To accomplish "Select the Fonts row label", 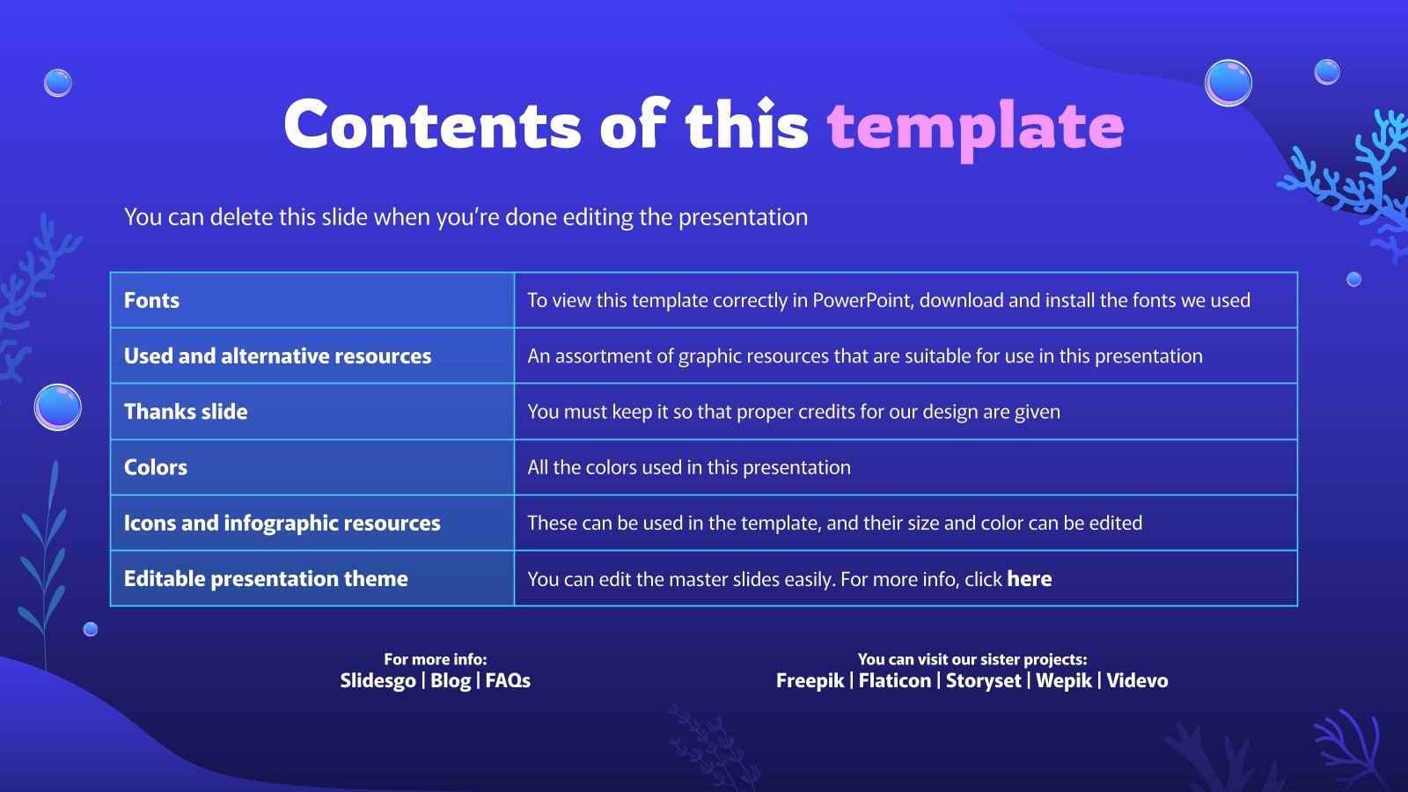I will (x=151, y=300).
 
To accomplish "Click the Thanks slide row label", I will (x=186, y=412).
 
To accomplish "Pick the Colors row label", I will (x=156, y=467).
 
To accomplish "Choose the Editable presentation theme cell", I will (x=266, y=579).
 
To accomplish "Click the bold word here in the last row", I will (x=1029, y=579).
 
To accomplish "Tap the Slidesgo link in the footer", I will (x=378, y=680).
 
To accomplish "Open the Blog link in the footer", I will (x=451, y=680).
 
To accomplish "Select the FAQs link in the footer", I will (x=508, y=680).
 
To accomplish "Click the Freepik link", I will (x=810, y=680).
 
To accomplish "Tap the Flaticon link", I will (x=894, y=680).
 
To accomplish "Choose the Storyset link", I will (x=983, y=680).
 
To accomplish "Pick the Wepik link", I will (x=1063, y=680).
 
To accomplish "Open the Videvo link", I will (x=1137, y=680).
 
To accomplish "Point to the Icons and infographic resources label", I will (x=282, y=524).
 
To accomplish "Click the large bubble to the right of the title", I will (x=1228, y=83).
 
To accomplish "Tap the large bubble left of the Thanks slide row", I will (x=58, y=407).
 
